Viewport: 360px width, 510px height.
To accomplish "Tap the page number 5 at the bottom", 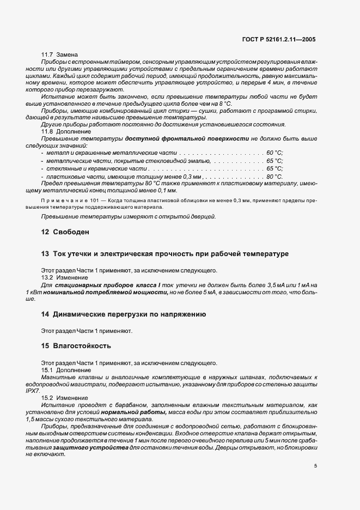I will click(315, 466).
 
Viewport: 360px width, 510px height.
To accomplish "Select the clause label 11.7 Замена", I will click(60, 54).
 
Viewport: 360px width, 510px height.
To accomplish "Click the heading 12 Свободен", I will click(65, 232).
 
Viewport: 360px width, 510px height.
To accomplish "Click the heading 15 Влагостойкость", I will click(76, 346).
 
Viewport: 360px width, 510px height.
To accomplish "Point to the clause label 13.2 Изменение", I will click(65, 277).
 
